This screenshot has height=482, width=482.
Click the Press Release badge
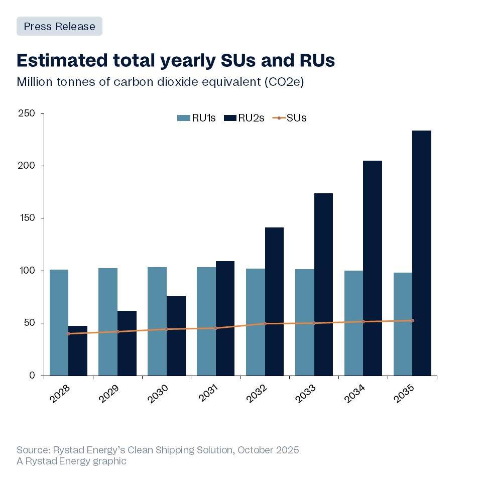[59, 26]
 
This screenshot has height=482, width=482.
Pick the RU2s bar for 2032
[274, 301]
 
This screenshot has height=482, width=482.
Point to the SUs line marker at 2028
[68, 333]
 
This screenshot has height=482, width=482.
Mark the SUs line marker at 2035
[412, 320]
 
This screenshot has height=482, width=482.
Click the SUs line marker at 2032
[265, 323]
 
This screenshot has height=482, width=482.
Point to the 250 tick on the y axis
[28, 113]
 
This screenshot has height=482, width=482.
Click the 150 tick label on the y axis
[28, 218]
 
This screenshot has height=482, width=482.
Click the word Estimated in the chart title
[60, 60]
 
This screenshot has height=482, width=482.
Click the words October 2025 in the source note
[268, 450]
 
